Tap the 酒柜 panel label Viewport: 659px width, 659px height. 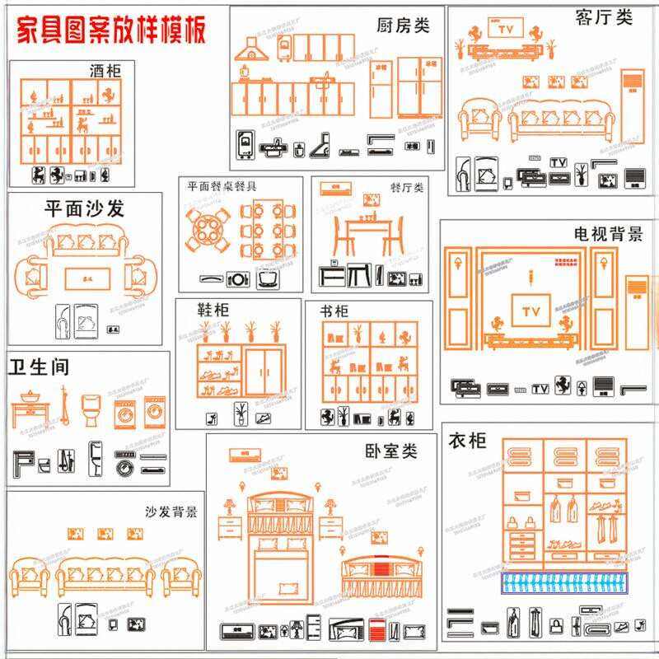(105, 71)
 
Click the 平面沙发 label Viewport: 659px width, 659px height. (84, 208)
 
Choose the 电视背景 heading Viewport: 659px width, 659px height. (609, 234)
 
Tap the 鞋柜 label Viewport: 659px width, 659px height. (213, 310)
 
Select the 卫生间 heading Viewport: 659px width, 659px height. (39, 366)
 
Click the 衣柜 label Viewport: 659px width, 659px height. (467, 441)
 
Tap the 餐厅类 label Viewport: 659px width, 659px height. (406, 188)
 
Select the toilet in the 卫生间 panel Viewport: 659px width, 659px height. (91, 409)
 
